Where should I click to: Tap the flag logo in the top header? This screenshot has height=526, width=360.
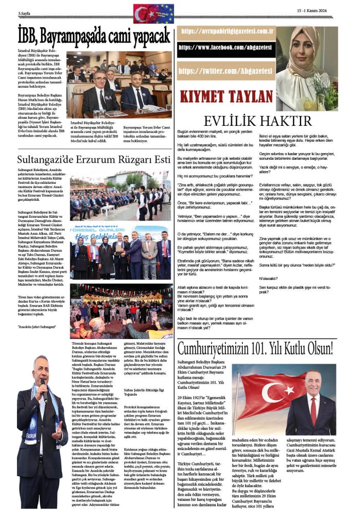(154, 13)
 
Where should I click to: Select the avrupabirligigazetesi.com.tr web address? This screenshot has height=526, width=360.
(227, 32)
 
